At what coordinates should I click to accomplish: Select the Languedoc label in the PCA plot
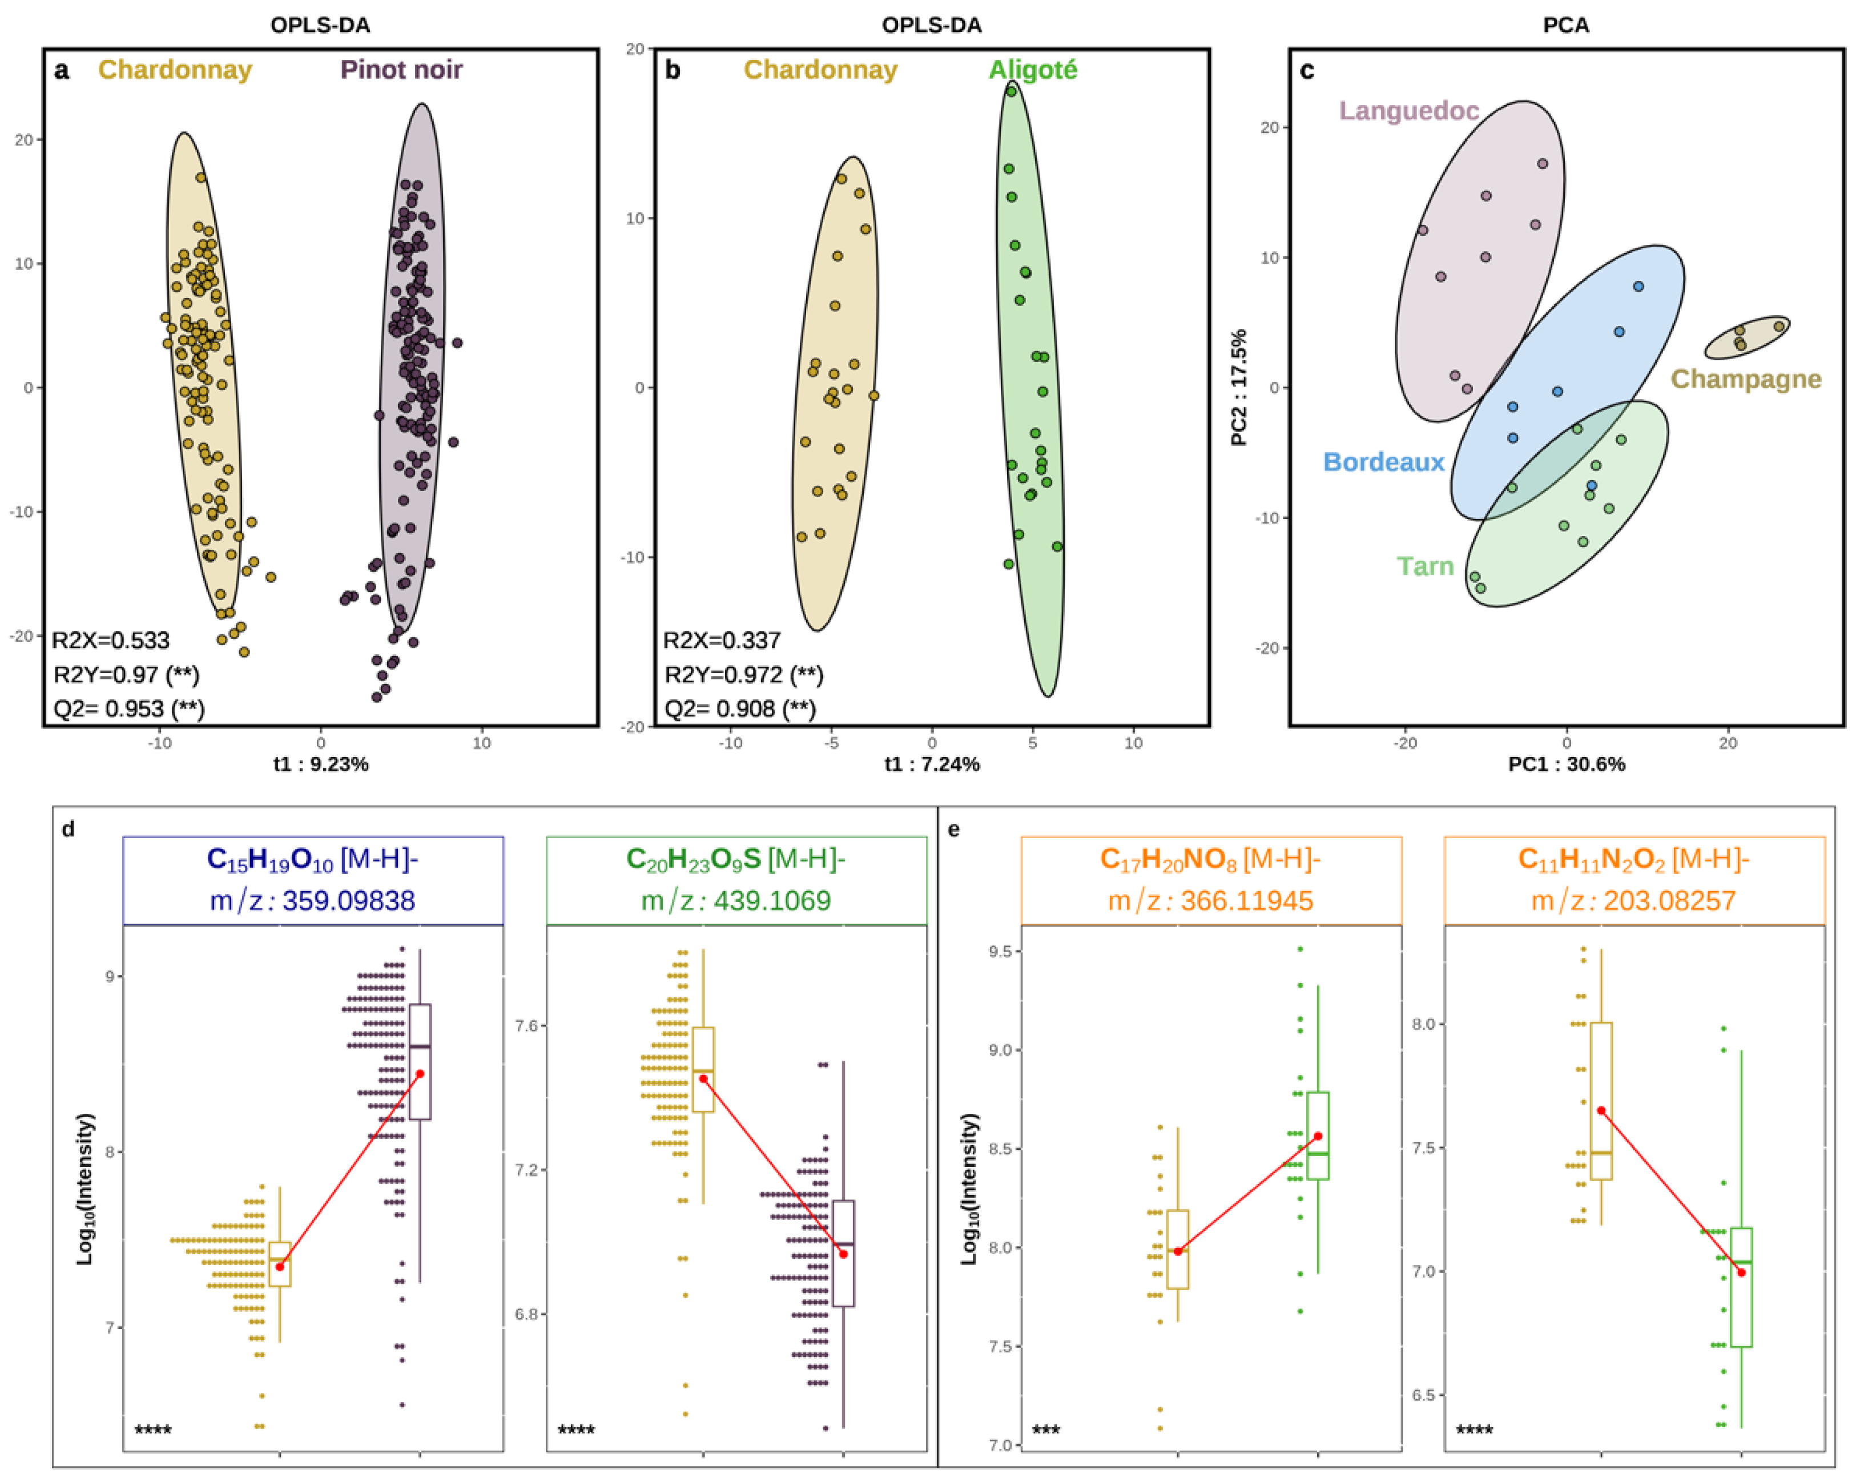(x=1408, y=111)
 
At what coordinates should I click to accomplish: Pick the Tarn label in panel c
(x=1425, y=566)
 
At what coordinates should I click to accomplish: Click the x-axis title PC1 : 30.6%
(x=1566, y=764)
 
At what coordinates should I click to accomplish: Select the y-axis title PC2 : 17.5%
(x=1238, y=388)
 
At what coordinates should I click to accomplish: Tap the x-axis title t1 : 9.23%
(x=321, y=764)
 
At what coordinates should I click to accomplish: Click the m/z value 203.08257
(x=1669, y=901)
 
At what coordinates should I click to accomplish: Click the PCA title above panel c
(x=1566, y=25)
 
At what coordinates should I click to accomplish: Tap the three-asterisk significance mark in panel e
(x=1045, y=1430)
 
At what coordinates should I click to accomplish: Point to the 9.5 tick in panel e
(x=1000, y=951)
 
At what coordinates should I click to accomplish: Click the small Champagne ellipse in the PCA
(x=1746, y=338)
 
